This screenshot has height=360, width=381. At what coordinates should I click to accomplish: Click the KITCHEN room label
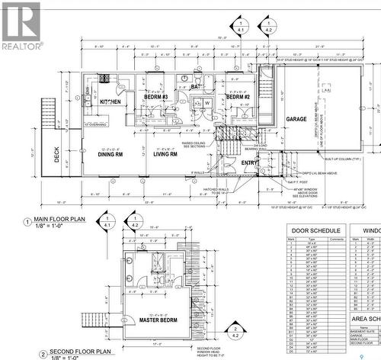[x=109, y=102]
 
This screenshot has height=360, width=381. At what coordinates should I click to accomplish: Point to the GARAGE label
[x=296, y=119]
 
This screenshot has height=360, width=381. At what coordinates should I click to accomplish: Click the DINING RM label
[x=111, y=154]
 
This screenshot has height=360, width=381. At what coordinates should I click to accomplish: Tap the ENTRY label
[x=249, y=162]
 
